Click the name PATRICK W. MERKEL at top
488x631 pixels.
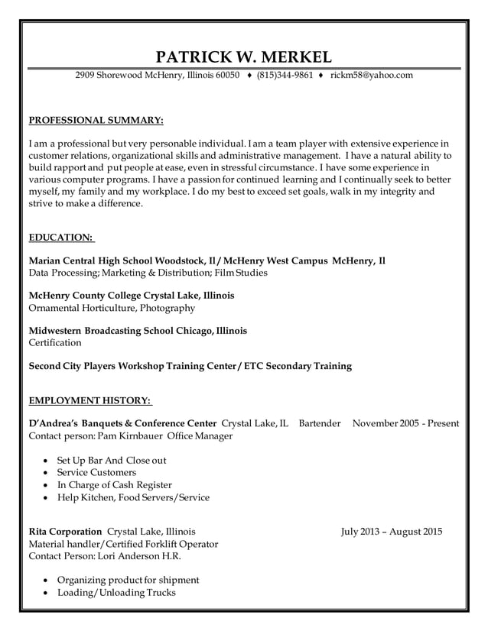(x=243, y=57)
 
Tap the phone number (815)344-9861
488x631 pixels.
(x=285, y=76)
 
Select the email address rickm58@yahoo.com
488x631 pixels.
(x=372, y=76)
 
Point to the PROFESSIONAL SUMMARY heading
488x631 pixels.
(x=96, y=120)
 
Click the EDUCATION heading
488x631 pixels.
(x=60, y=238)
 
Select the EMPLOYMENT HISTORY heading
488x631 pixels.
(x=90, y=401)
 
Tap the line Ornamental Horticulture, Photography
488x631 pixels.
(x=111, y=308)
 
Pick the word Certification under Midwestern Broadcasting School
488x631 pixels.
(x=54, y=343)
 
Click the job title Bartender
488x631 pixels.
(x=319, y=422)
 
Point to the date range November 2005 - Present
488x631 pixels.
(x=405, y=422)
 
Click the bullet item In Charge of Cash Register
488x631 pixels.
(x=115, y=485)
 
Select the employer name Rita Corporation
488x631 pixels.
(x=65, y=531)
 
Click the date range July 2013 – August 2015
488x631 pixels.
(x=392, y=531)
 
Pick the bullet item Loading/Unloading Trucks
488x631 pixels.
(x=116, y=593)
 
